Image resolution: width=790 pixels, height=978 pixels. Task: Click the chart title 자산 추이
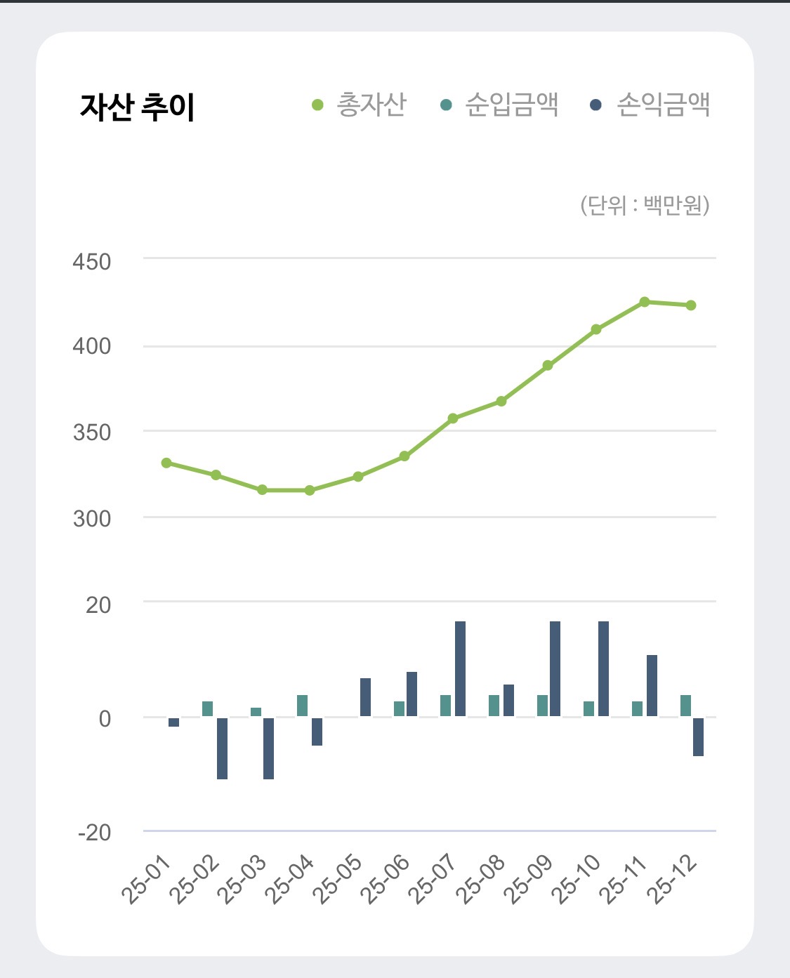click(137, 107)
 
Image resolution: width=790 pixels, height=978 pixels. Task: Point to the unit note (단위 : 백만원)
click(645, 205)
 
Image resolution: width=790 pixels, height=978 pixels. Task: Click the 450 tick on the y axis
click(92, 262)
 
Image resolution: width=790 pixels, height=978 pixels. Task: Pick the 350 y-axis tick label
click(92, 432)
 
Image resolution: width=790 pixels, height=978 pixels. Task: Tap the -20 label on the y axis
click(95, 833)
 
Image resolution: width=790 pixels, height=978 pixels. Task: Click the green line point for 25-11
click(645, 302)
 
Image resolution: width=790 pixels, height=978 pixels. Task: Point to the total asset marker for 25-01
click(166, 463)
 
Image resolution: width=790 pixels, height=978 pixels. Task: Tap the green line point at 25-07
click(453, 418)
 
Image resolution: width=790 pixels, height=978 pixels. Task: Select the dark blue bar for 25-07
click(460, 668)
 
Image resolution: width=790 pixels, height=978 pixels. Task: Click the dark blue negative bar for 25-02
click(222, 748)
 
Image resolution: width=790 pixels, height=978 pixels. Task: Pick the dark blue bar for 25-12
click(698, 736)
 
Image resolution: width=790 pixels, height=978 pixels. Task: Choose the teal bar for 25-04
click(302, 706)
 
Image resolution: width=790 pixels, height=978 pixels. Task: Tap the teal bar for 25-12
click(685, 706)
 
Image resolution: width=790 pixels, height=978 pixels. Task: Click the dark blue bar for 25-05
click(365, 697)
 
